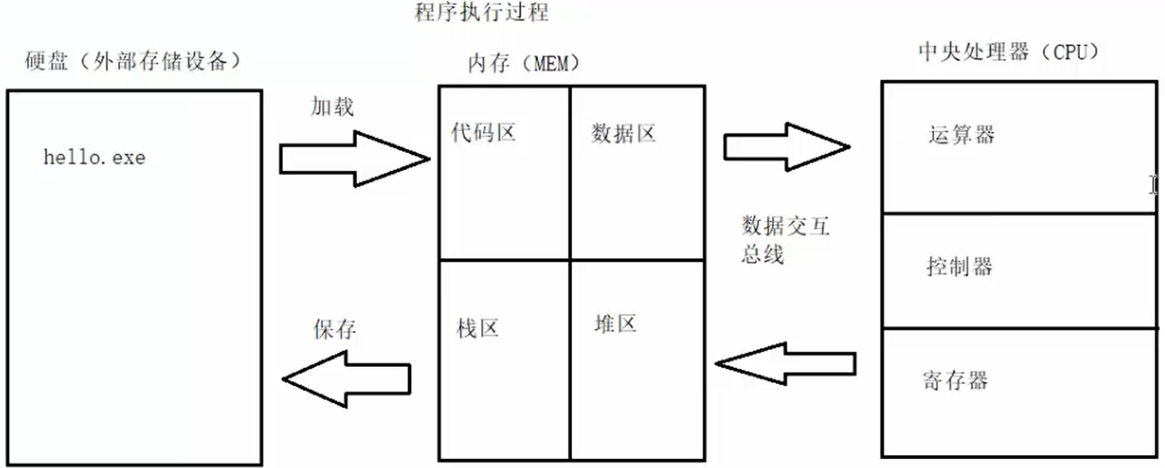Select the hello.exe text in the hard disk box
click(x=94, y=157)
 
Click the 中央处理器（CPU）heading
click(x=1009, y=53)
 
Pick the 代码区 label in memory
click(x=484, y=132)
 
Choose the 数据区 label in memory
click(x=623, y=134)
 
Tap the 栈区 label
click(x=477, y=328)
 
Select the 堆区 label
click(x=615, y=324)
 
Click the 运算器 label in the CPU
click(x=962, y=134)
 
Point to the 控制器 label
click(x=959, y=266)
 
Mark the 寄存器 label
click(x=955, y=379)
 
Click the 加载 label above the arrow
click(x=332, y=106)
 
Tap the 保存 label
click(x=334, y=329)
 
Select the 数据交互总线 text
click(x=785, y=240)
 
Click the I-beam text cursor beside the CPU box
click(x=1154, y=185)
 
